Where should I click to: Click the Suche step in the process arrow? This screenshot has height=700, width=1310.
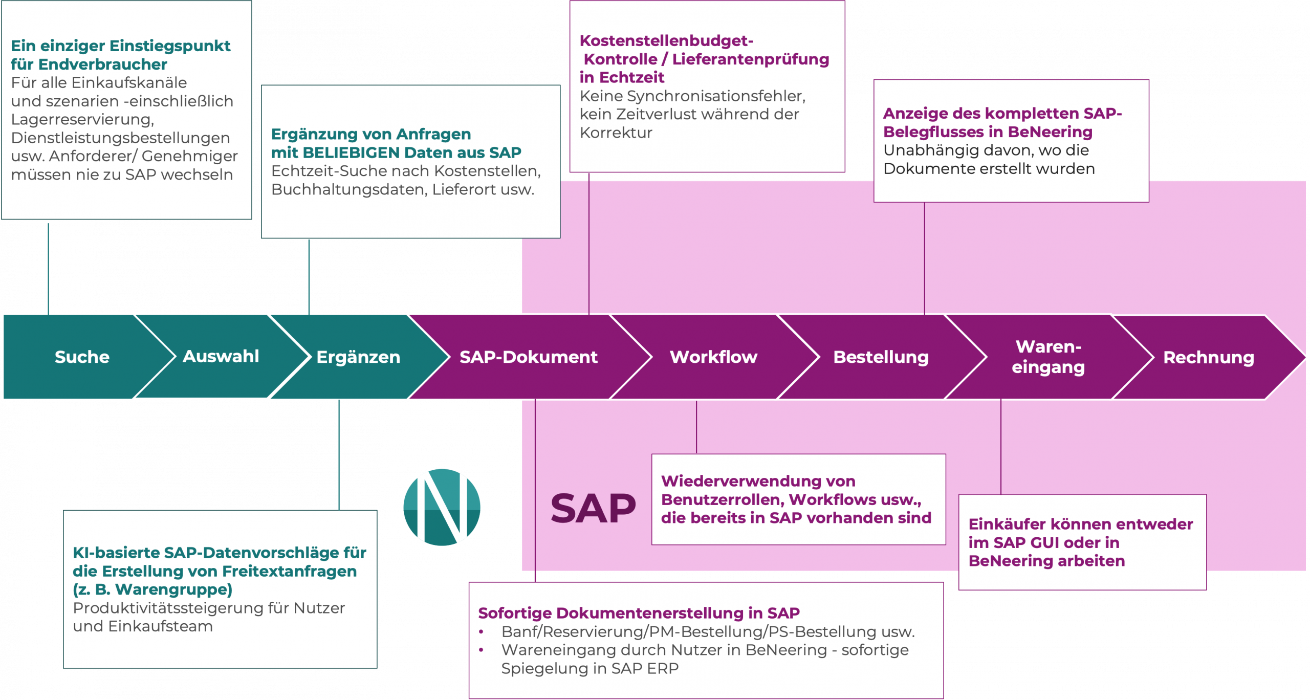[82, 357]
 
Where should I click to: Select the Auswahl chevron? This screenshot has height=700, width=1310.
[221, 356]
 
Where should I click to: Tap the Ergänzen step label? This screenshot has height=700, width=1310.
[358, 357]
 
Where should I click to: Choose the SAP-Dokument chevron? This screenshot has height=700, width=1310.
[528, 357]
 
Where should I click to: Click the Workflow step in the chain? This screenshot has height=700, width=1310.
[713, 357]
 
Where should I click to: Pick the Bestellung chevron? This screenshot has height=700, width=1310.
[881, 357]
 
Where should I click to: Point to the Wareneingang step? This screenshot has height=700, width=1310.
[1048, 357]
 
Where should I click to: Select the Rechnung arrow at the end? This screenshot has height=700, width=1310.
[1208, 357]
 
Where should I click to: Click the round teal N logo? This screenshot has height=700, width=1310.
[442, 507]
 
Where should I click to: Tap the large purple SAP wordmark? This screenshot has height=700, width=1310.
[593, 509]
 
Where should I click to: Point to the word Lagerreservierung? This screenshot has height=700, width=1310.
[82, 119]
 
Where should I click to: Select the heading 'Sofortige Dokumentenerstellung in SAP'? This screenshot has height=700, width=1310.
[639, 612]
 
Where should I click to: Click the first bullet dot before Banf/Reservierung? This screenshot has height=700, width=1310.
[481, 632]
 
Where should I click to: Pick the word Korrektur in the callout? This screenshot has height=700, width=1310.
[616, 133]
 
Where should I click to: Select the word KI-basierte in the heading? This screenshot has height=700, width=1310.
[116, 553]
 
